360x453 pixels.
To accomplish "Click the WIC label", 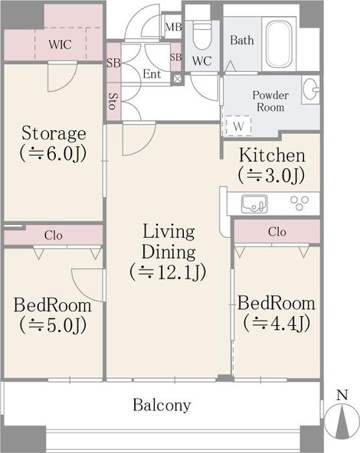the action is (x=60, y=44).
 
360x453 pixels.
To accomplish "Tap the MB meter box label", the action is (x=174, y=27).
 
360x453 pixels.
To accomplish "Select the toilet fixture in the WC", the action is (x=202, y=35).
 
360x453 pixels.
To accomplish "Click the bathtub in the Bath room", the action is (x=279, y=44).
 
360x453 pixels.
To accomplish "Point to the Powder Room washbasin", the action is (x=310, y=90).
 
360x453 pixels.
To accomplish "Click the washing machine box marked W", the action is (x=238, y=126).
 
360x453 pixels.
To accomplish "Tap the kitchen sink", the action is (x=254, y=204).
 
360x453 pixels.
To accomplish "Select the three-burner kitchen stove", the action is (x=299, y=202).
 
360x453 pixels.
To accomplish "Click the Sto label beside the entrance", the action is (x=113, y=101).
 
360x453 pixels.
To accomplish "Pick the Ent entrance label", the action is (x=152, y=74).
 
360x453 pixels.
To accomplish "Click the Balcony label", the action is (x=162, y=405).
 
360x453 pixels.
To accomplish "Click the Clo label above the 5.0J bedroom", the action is (x=53, y=236).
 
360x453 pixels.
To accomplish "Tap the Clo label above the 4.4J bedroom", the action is (x=277, y=232).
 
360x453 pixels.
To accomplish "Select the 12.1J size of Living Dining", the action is (x=168, y=272).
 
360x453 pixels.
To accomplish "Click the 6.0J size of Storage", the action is (x=53, y=154).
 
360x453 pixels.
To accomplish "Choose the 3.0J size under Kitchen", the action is (x=271, y=175).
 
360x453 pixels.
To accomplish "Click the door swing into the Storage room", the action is (x=63, y=77).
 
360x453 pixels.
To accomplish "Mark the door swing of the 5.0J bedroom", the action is (x=87, y=285).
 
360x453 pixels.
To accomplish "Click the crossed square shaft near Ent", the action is (x=177, y=79).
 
